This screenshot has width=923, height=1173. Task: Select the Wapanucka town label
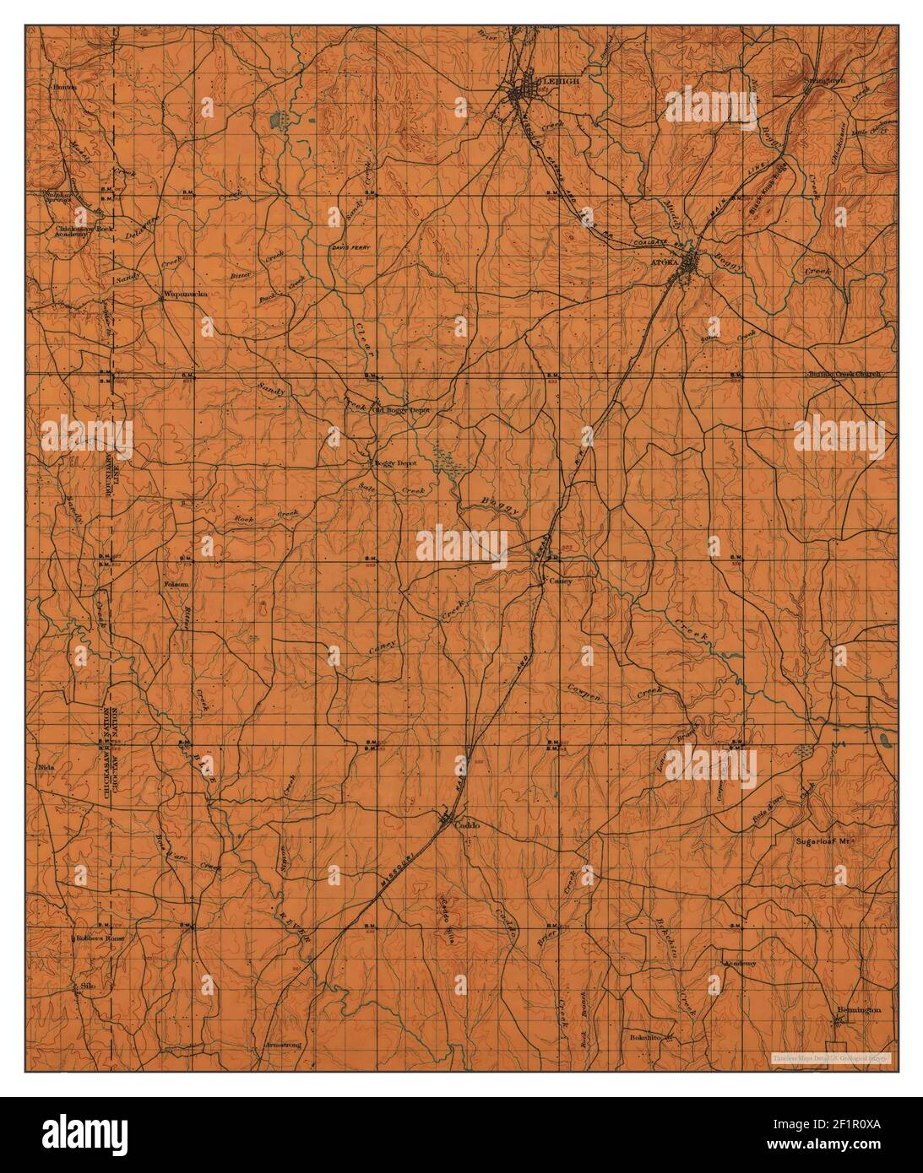[x=184, y=295]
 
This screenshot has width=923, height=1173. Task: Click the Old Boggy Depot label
[x=403, y=410]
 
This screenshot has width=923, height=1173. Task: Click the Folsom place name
[x=176, y=583]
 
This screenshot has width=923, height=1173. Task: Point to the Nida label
[x=46, y=768]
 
